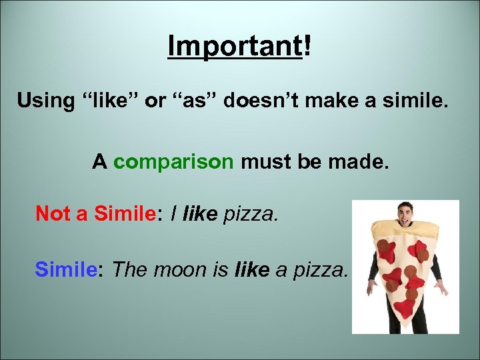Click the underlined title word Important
click(x=235, y=46)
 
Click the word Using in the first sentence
click(x=45, y=101)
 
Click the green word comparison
click(x=173, y=162)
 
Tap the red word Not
click(x=49, y=213)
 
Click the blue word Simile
click(x=69, y=270)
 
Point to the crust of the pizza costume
click(x=405, y=235)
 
